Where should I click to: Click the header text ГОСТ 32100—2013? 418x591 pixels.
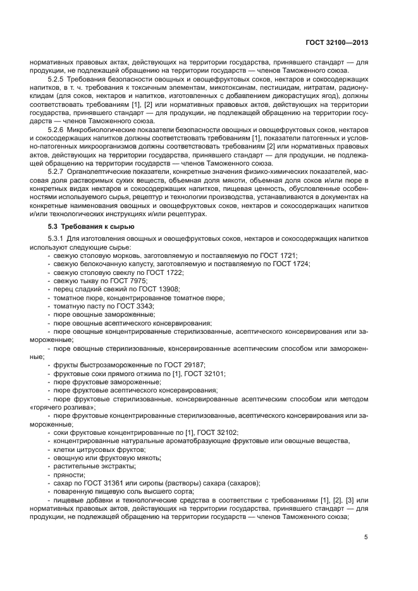point(336,43)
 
